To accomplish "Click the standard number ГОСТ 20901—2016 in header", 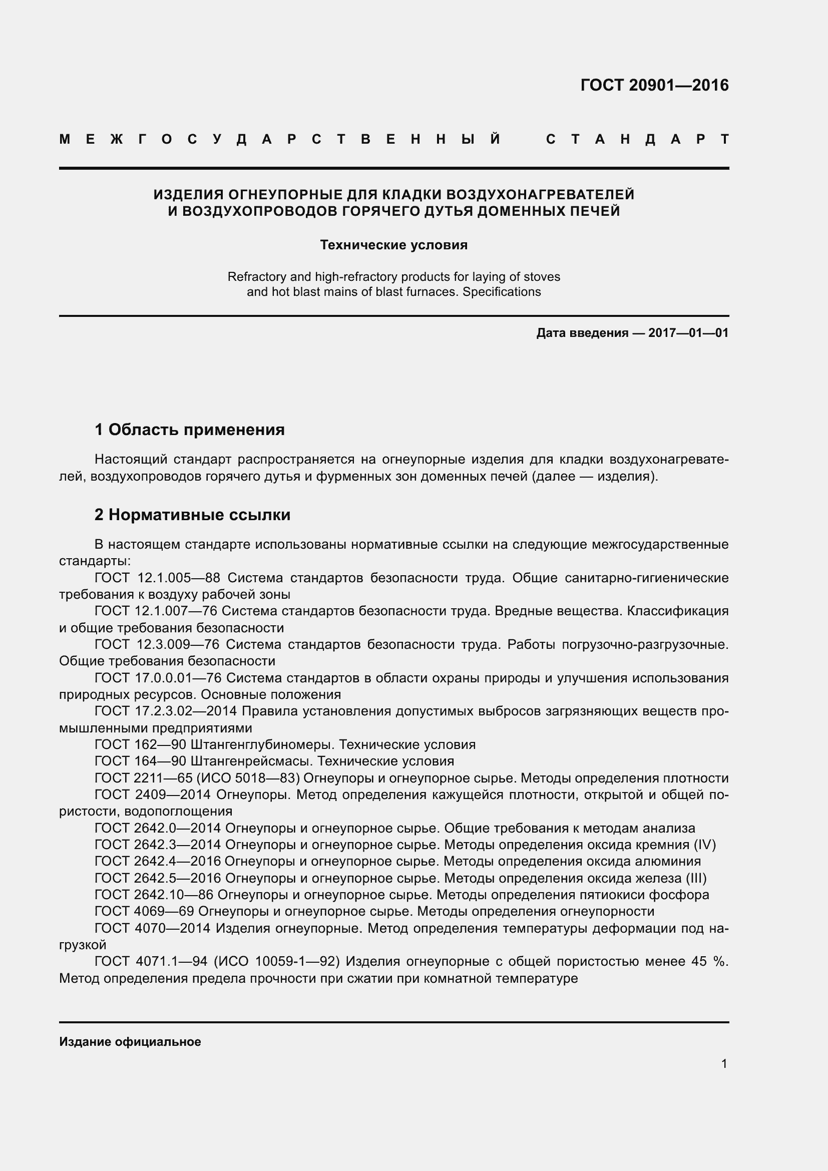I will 654,85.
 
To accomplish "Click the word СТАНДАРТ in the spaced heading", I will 637,139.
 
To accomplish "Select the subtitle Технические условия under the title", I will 393,245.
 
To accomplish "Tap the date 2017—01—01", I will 688,333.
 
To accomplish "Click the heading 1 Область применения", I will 190,430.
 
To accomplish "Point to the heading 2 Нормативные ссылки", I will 192,515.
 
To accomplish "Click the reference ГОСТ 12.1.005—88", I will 158,578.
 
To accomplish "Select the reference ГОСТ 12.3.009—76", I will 157,645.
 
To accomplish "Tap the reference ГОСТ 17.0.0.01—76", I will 158,678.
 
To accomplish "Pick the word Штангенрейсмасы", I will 250,761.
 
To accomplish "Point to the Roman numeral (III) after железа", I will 695,878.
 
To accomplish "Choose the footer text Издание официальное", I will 130,1042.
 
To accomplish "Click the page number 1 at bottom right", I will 724,1064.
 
